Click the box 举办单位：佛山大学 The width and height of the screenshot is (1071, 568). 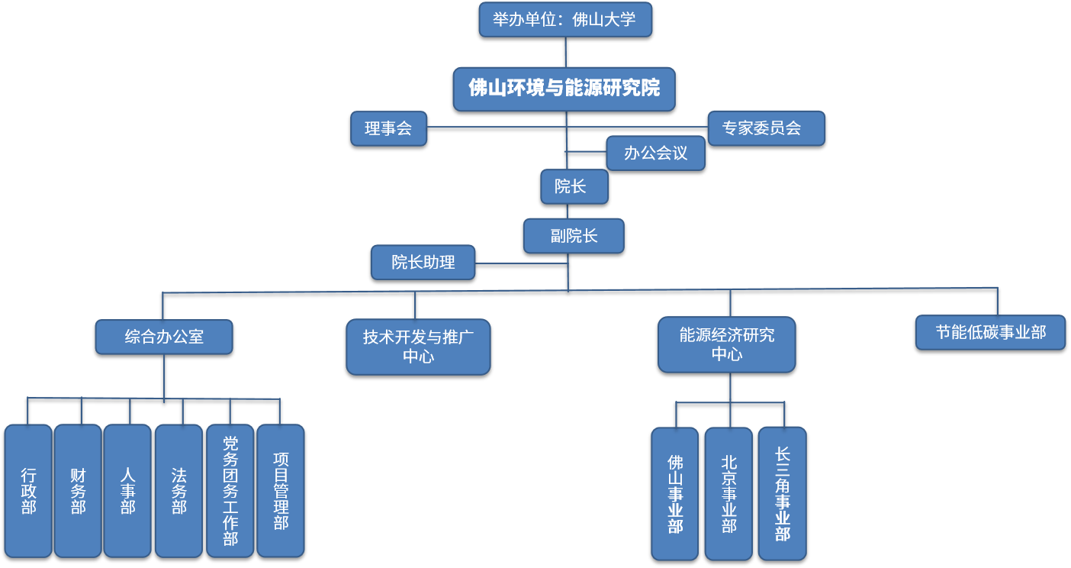click(564, 19)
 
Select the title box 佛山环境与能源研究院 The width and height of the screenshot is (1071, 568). click(564, 89)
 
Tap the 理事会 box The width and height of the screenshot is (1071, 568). click(388, 128)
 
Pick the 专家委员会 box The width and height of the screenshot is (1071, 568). click(765, 128)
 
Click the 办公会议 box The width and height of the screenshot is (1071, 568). click(655, 153)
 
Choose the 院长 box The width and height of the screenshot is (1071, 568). click(574, 186)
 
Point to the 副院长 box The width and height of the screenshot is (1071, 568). click(574, 236)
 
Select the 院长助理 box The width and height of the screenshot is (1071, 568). click(423, 262)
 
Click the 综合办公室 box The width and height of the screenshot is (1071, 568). click(164, 337)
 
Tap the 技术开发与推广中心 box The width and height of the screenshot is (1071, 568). click(418, 347)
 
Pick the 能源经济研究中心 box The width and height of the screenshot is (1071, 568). click(726, 344)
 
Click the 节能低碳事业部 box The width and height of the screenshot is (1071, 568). click(990, 332)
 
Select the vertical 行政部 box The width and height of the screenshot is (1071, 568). click(28, 491)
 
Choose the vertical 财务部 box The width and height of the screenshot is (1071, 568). click(78, 491)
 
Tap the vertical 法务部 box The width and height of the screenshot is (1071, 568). click(178, 491)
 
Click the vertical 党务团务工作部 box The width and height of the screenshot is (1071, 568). click(230, 491)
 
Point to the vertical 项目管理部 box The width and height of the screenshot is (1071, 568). click(280, 491)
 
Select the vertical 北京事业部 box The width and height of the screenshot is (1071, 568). click(728, 494)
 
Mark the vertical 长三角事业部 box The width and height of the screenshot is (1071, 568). click(782, 494)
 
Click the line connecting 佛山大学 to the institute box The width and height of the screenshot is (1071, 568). click(565, 52)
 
